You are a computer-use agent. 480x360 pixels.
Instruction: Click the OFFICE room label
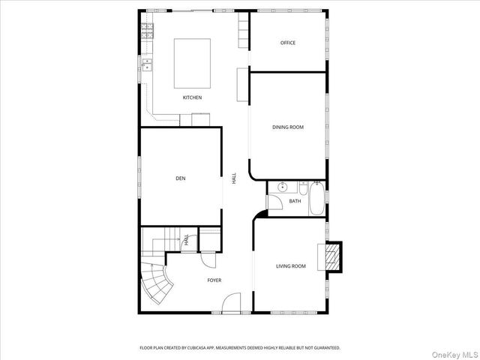(x=288, y=43)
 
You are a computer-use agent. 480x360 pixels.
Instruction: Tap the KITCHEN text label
(x=192, y=97)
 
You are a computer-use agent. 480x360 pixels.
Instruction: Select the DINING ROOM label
(x=288, y=127)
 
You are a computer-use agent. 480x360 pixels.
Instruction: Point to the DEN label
(x=180, y=178)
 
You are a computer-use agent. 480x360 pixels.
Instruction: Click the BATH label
(x=295, y=201)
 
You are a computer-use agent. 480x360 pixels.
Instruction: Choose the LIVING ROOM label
(x=291, y=266)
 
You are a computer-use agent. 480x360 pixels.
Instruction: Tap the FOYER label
(x=214, y=280)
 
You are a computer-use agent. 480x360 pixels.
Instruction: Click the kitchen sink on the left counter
(x=147, y=67)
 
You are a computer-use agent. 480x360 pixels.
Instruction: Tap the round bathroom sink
(x=283, y=186)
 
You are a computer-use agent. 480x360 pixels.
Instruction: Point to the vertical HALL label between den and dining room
(x=234, y=178)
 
